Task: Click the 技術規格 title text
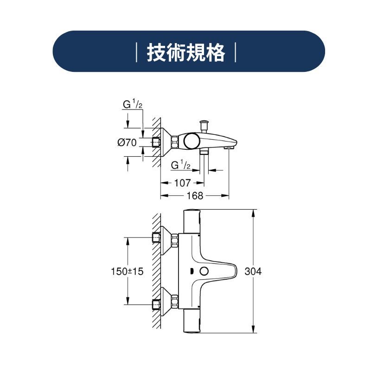186,52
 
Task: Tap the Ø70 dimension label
127,142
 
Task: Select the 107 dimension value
182,183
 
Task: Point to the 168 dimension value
195,196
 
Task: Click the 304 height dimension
253,271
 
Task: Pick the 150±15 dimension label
127,271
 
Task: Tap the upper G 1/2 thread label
133,104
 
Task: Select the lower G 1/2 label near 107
181,165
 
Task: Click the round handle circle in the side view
192,141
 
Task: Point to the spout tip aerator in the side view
229,147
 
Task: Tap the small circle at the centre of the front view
204,271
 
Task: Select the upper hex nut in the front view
175,241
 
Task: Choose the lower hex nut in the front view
175,302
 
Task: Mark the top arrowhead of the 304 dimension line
253,213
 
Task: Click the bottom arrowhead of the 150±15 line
128,301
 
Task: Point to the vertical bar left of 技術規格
136,52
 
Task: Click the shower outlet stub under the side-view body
204,152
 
